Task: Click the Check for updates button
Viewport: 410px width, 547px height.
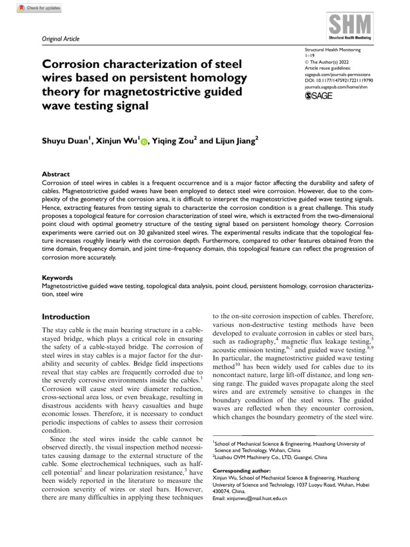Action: (x=40, y=8)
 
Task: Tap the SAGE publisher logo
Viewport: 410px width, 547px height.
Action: (x=318, y=96)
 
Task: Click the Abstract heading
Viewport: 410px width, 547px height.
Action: (x=56, y=174)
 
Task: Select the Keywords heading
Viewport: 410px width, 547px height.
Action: (x=58, y=278)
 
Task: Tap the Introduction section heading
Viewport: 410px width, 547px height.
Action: (x=66, y=317)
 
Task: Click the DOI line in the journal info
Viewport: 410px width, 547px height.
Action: (x=338, y=80)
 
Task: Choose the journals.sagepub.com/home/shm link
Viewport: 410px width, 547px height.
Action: (x=335, y=86)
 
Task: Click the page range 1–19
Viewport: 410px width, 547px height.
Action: (x=309, y=55)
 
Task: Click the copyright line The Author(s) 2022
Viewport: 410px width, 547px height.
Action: (x=326, y=61)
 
